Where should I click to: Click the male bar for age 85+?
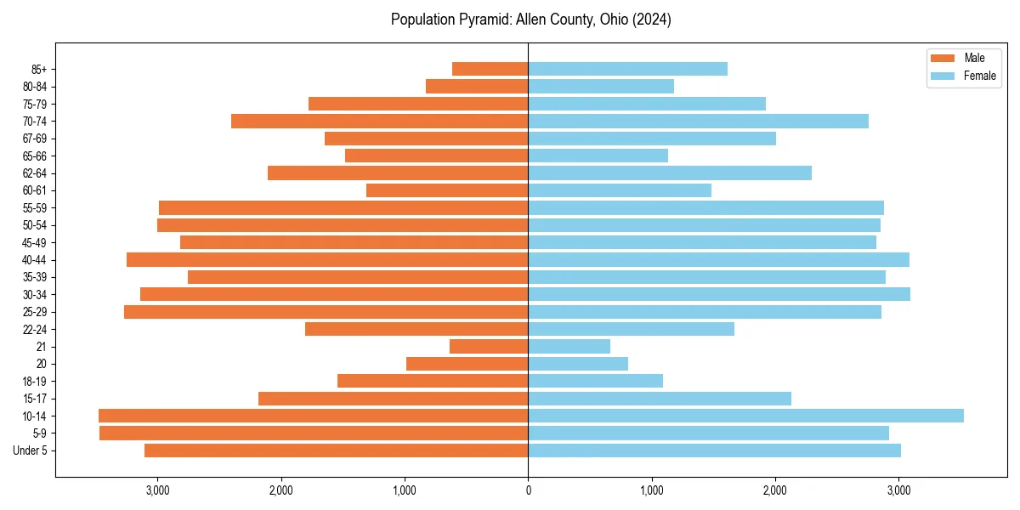coord(490,69)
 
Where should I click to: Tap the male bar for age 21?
coord(489,347)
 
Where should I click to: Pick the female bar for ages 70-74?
coord(698,122)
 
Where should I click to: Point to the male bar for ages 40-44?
coord(327,260)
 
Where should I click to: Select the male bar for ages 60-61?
coord(447,190)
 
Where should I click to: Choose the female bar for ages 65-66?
coord(598,156)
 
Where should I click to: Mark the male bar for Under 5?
coord(337,450)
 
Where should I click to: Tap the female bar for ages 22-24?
coord(631,329)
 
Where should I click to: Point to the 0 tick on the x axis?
coord(528,490)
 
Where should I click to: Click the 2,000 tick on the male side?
coord(281,490)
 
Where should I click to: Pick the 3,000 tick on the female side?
coord(898,490)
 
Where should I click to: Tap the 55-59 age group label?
coord(35,208)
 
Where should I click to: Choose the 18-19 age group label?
coord(35,382)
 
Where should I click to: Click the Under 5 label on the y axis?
coord(31,450)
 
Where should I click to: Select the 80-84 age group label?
coord(35,87)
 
